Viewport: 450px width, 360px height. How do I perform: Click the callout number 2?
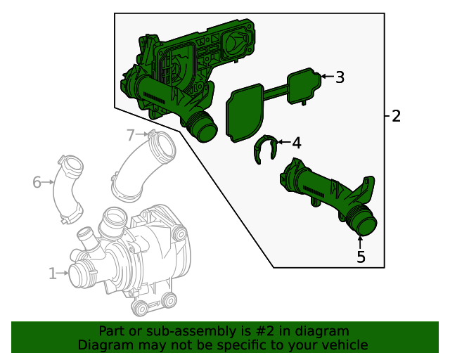tap(396, 116)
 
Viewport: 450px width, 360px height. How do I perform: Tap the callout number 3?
tap(340, 77)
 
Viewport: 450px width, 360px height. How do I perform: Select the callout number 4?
tap(297, 143)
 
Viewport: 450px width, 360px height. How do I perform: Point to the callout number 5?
tap(361, 257)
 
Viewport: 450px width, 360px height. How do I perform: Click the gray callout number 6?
tap(37, 183)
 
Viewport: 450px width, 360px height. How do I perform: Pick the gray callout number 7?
tap(130, 134)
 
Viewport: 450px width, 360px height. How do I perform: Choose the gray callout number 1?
tap(52, 273)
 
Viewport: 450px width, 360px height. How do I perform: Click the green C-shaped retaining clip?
tap(263, 148)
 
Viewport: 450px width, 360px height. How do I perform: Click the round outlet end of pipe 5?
tap(365, 226)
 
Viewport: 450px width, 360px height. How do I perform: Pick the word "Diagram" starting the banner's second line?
tap(104, 345)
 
